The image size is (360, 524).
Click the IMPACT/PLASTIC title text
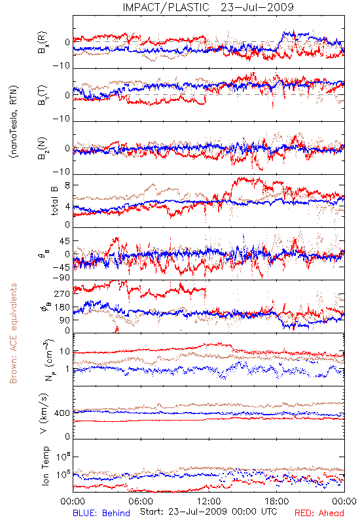point(166,7)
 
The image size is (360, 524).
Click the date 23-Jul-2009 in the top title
point(257,7)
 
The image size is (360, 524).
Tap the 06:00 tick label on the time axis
point(141,502)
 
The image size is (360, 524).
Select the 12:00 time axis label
point(209,502)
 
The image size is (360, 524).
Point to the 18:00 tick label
point(277,502)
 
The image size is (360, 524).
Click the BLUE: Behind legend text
point(101,514)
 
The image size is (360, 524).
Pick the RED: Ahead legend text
point(319,514)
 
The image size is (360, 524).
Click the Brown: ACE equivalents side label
point(13,333)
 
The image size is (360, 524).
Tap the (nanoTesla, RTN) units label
point(14,122)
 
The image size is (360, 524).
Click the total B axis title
point(54,201)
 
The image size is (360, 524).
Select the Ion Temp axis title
point(45,466)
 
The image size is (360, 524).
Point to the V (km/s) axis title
point(45,413)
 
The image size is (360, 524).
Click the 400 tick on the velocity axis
point(62,413)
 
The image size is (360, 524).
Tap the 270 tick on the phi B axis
point(62,294)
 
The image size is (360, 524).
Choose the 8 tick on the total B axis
point(67,185)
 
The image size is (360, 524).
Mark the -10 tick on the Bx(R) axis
point(62,66)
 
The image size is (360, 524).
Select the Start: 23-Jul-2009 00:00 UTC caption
point(208,512)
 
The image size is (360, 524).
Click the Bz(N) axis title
point(43,149)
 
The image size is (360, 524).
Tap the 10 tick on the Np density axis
point(65,352)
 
